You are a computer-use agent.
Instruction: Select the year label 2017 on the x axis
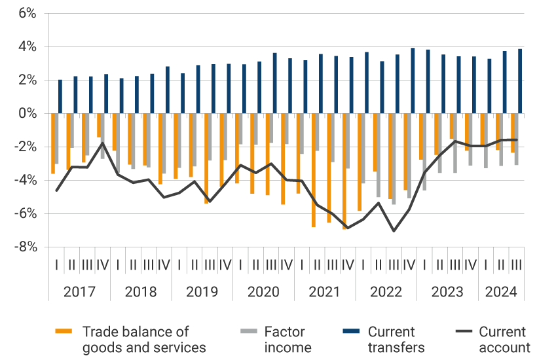point(79,292)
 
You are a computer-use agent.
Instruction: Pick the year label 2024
point(500,292)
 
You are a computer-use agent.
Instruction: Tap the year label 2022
point(386,292)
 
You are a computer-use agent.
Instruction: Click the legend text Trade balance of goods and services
point(143,340)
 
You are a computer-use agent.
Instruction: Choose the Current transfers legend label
point(396,340)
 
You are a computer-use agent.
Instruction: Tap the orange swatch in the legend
point(64,333)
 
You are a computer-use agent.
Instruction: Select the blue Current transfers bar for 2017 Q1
point(60,97)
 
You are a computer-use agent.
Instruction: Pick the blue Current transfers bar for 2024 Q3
point(520,81)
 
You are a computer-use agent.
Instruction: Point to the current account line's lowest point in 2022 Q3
point(394,231)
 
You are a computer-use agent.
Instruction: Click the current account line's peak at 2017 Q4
point(102,143)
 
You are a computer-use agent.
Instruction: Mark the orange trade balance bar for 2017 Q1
point(52,143)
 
